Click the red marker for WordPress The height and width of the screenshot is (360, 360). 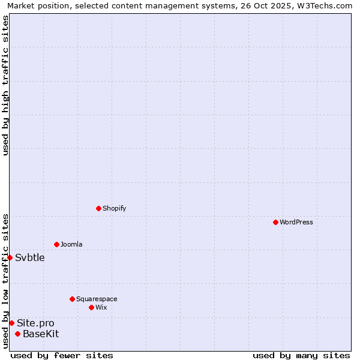(x=275, y=222)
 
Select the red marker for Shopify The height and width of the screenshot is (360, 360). (x=98, y=208)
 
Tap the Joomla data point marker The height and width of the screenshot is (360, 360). (x=56, y=244)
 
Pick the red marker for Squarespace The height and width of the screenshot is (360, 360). (x=72, y=299)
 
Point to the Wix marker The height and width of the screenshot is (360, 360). (x=91, y=307)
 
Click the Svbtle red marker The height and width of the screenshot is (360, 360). (x=10, y=257)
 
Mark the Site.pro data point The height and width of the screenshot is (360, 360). (x=11, y=323)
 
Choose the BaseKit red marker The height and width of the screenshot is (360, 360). (x=17, y=334)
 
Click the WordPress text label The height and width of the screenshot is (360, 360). (x=296, y=222)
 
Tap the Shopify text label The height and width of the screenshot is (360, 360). (x=114, y=208)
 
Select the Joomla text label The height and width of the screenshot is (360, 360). (x=71, y=244)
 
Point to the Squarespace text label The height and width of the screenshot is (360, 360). (x=97, y=299)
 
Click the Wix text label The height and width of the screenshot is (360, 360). (x=101, y=307)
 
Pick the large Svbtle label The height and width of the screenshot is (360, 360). (x=30, y=257)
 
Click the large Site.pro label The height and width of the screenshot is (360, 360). (x=35, y=323)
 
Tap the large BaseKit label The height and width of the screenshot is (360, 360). (x=41, y=334)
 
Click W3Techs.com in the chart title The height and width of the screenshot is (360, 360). (x=326, y=5)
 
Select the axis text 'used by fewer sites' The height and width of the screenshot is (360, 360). (x=62, y=355)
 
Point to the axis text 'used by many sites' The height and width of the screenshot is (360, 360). (x=301, y=355)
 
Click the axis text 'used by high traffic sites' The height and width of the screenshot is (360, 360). (x=5, y=85)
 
